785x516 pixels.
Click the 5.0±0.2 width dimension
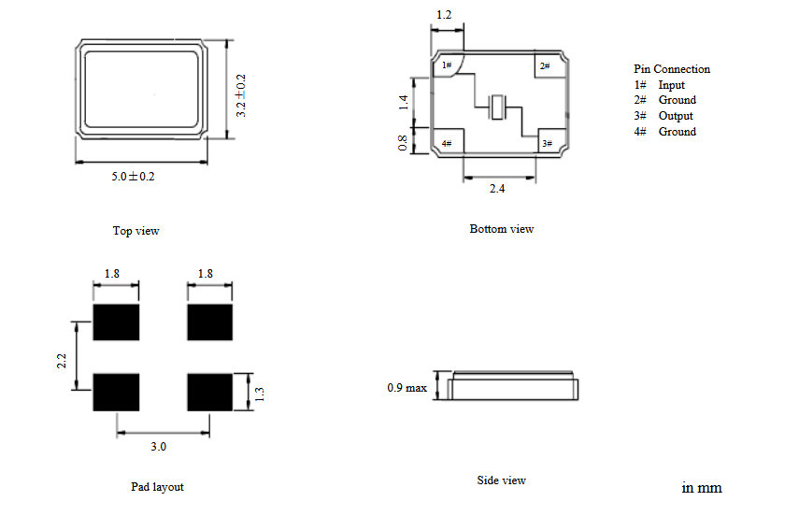tap(133, 177)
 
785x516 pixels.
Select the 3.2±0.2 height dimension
tap(241, 95)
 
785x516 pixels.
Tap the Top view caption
tap(136, 231)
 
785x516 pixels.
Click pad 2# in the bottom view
tap(549, 65)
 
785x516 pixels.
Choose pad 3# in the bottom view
tap(551, 141)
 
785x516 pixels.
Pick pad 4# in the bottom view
tap(449, 141)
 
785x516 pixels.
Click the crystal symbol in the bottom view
tap(497, 107)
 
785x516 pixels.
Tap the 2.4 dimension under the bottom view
tap(497, 189)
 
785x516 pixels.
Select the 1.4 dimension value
tap(404, 102)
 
